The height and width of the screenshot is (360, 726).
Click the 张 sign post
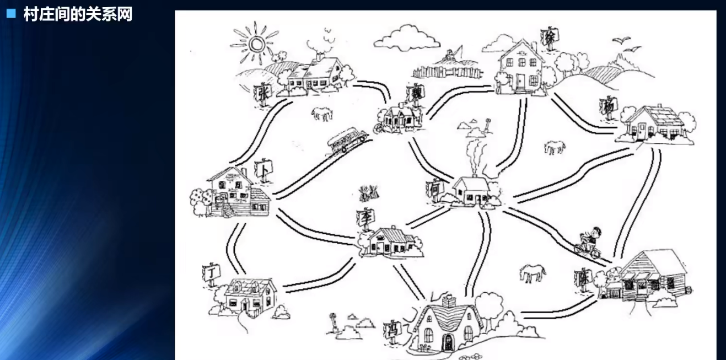tap(261, 94)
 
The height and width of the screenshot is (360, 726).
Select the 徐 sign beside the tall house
tap(550, 37)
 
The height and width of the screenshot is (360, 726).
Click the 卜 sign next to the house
tap(264, 169)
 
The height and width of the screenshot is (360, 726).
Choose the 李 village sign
tap(365, 217)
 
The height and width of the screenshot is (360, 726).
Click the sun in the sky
tap(255, 44)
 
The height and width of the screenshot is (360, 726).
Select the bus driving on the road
tap(345, 141)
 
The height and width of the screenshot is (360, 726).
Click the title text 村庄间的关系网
tap(78, 14)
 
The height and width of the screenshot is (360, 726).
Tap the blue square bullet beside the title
tap(10, 14)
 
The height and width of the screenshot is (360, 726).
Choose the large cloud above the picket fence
tap(407, 37)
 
